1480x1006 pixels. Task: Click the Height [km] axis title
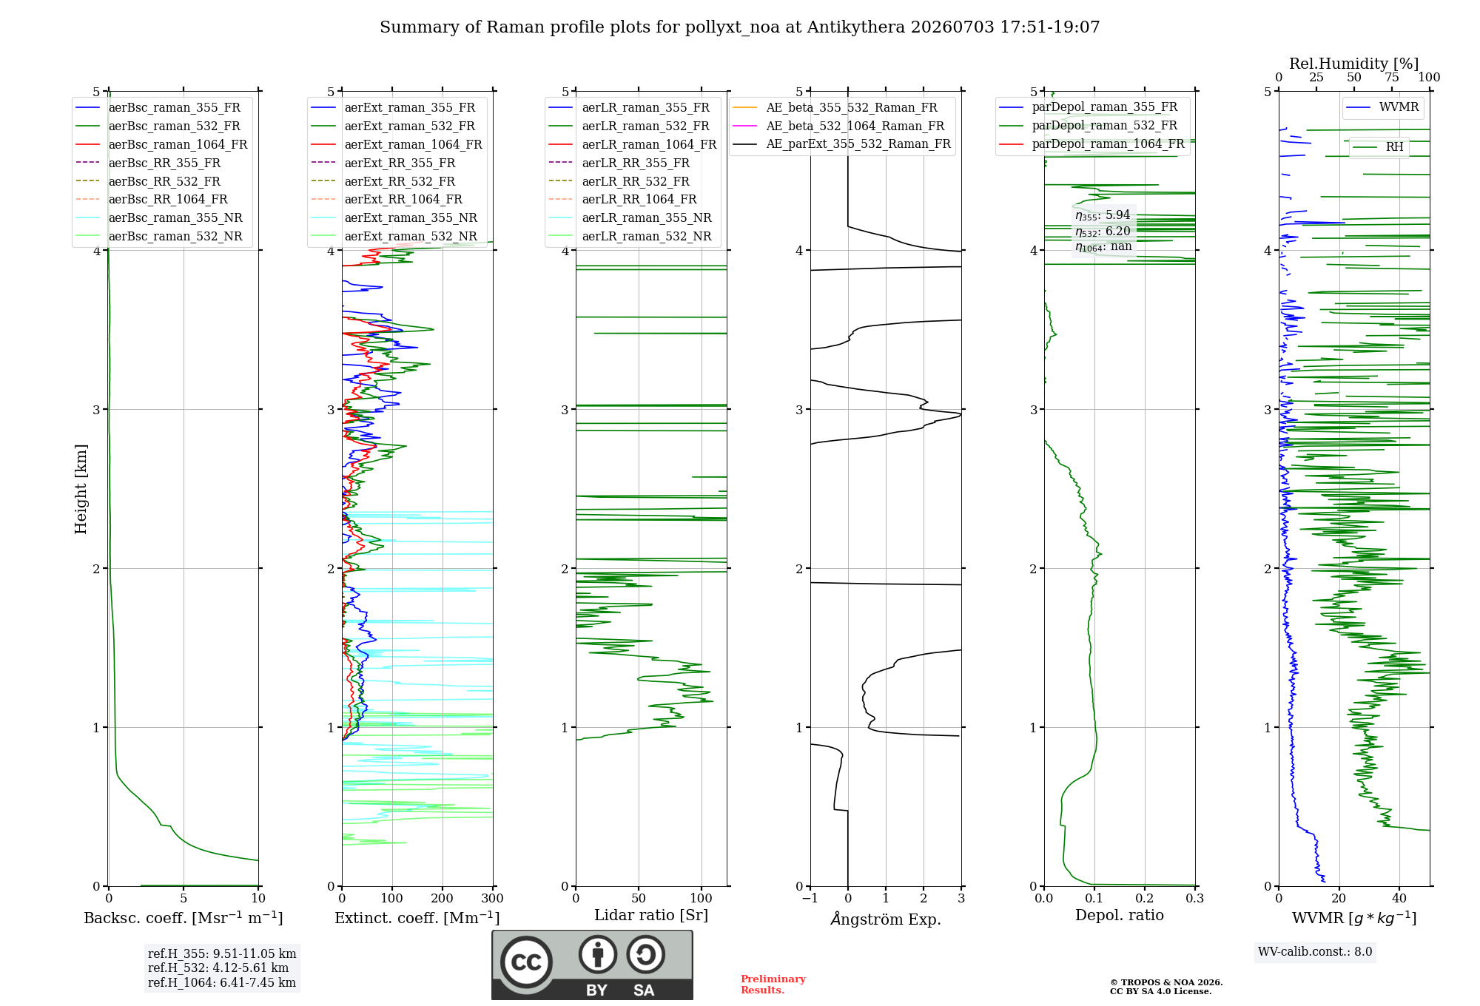(x=81, y=489)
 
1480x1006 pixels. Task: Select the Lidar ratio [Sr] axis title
(x=651, y=916)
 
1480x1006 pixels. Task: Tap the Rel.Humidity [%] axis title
(x=1354, y=64)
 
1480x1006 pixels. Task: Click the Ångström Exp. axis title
(x=886, y=919)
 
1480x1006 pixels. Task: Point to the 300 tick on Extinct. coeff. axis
(x=493, y=899)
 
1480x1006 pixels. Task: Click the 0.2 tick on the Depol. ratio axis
(x=1145, y=899)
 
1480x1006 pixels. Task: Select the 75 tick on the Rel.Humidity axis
(x=1392, y=78)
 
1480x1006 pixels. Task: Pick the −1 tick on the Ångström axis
(x=810, y=899)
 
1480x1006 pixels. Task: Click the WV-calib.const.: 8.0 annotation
(x=1315, y=952)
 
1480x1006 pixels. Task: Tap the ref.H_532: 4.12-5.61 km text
(x=218, y=968)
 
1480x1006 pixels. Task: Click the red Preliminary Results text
(x=773, y=985)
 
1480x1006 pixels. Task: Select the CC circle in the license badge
(x=527, y=962)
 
